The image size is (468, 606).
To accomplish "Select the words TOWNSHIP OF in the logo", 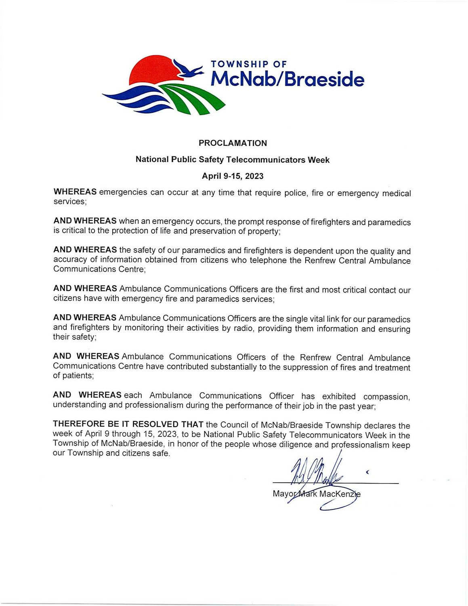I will click(249, 64).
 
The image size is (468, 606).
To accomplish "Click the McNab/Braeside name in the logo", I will click(287, 79).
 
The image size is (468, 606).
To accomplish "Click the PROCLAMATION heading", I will click(233, 143).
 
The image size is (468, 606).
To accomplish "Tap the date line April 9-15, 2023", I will click(233, 176).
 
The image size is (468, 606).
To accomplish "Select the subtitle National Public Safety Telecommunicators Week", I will click(233, 160).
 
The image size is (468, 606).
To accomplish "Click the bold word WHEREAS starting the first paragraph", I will click(75, 191).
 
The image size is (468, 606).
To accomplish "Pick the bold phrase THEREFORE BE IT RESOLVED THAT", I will click(128, 424).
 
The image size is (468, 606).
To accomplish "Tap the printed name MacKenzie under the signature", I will click(340, 494).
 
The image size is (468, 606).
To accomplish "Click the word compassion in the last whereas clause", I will click(386, 396).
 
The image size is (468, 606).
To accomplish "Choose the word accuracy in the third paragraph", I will click(68, 259).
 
